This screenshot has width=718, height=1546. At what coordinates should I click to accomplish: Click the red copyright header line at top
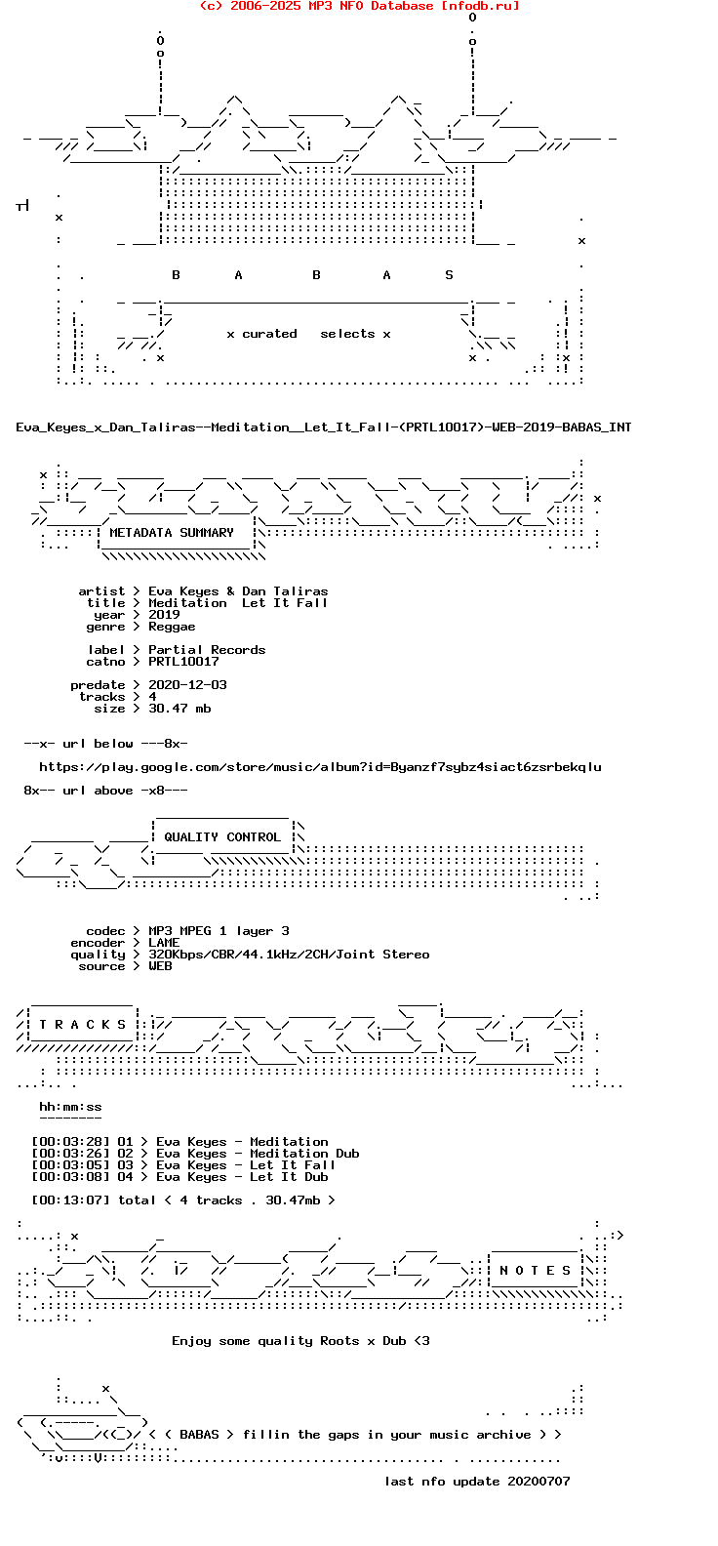click(x=359, y=6)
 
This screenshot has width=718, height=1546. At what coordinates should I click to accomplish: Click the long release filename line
click(x=324, y=427)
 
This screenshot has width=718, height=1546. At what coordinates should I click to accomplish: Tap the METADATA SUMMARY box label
click(x=172, y=533)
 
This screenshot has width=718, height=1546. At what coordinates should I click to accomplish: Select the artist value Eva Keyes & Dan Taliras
click(x=238, y=591)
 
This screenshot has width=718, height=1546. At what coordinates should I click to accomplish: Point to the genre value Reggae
click(x=172, y=627)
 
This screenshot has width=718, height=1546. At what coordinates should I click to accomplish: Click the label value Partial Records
click(x=207, y=650)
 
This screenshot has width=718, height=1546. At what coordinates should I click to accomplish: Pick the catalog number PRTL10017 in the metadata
click(x=183, y=662)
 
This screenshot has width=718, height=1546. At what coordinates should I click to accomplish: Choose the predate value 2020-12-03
click(x=187, y=685)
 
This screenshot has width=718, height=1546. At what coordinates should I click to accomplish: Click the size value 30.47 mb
click(x=179, y=709)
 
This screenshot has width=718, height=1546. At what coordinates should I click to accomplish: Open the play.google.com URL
click(x=320, y=767)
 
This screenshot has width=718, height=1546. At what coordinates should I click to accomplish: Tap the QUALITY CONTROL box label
click(x=222, y=837)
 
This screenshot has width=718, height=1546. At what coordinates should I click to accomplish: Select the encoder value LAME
click(x=164, y=943)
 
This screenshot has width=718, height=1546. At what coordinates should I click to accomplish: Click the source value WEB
click(x=160, y=966)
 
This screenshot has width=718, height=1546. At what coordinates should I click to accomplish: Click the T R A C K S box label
click(x=83, y=1025)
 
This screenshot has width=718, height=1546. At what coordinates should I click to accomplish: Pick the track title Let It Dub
click(x=289, y=1177)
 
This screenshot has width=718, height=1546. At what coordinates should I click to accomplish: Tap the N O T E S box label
click(x=536, y=1271)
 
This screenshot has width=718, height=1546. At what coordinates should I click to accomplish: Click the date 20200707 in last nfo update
click(x=538, y=1482)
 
